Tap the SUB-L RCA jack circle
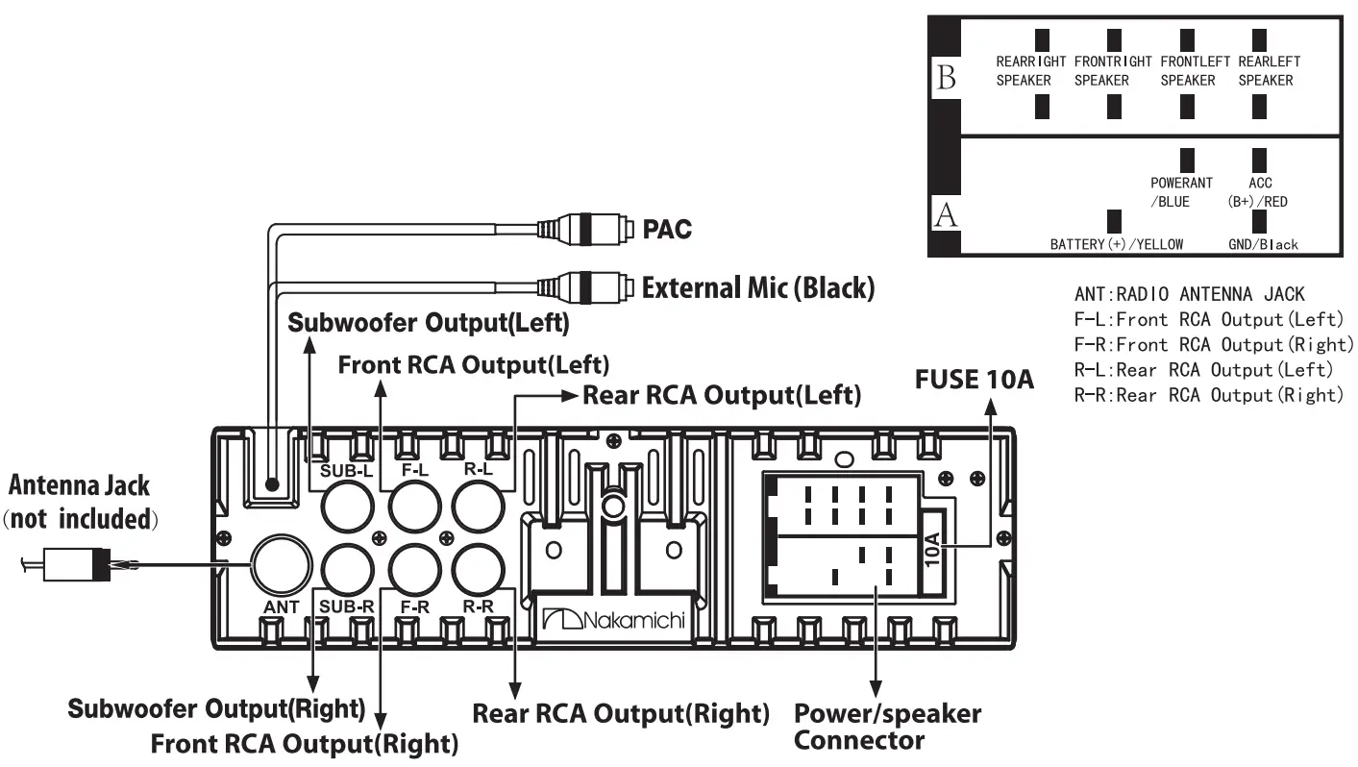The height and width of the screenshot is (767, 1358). pyautogui.click(x=347, y=503)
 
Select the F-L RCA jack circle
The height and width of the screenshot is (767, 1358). pyautogui.click(x=414, y=503)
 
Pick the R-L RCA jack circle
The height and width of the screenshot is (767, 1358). pyautogui.click(x=480, y=503)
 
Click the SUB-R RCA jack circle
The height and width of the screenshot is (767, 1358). pyautogui.click(x=347, y=570)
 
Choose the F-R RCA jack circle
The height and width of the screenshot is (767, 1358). pyautogui.click(x=414, y=570)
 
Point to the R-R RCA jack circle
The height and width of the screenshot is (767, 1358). pyautogui.click(x=480, y=570)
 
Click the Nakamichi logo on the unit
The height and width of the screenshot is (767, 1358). pyautogui.click(x=612, y=620)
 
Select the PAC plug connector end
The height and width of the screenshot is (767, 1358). pyautogui.click(x=601, y=229)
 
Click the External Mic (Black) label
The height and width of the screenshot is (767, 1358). pyautogui.click(x=757, y=286)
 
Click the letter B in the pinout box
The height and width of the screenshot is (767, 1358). pyautogui.click(x=946, y=79)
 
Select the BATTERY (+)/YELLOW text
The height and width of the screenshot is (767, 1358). pyautogui.click(x=1116, y=244)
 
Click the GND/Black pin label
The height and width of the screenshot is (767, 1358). pyautogui.click(x=1263, y=244)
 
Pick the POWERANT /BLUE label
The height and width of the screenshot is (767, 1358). pyautogui.click(x=1181, y=191)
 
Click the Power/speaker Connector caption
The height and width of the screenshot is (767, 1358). pyautogui.click(x=887, y=727)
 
